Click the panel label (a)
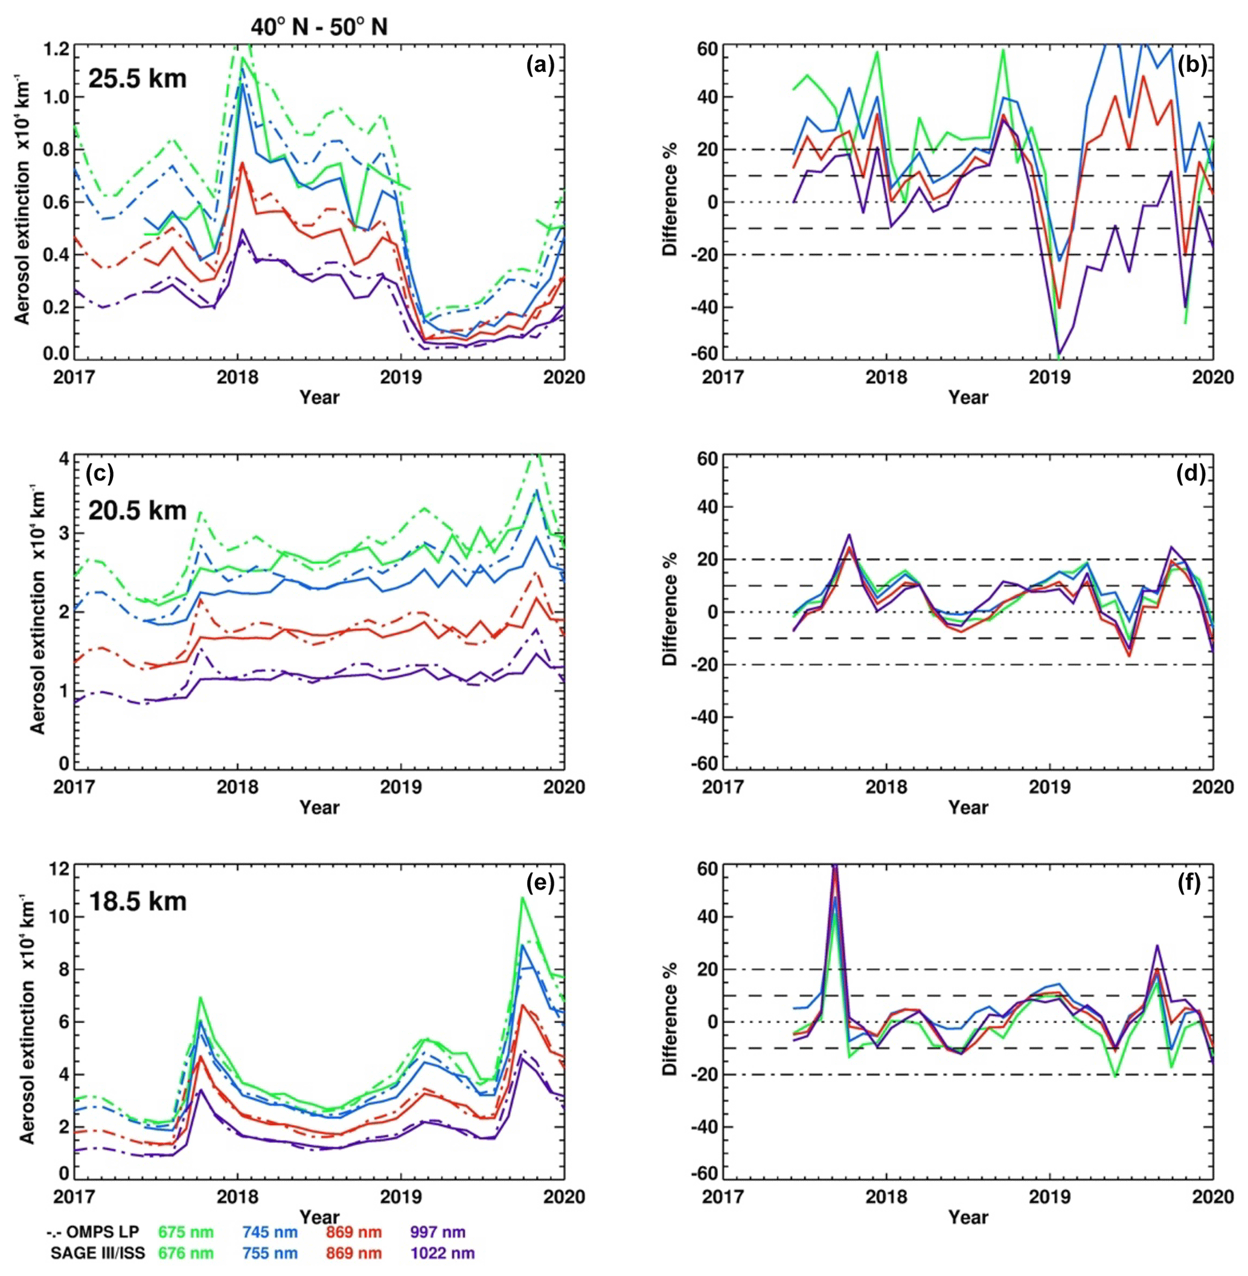click(x=540, y=66)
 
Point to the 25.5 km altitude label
click(x=137, y=78)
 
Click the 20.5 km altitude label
click(x=137, y=510)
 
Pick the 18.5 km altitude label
click(x=137, y=901)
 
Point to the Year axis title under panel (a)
click(x=319, y=397)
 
